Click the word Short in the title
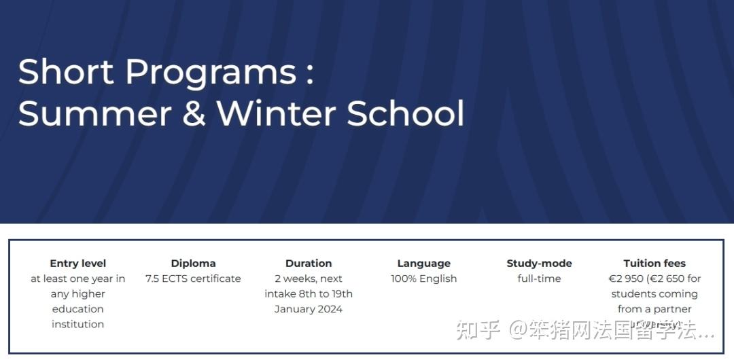tap(65, 72)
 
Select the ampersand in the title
tap(194, 114)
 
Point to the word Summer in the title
tap(94, 114)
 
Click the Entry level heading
tap(78, 264)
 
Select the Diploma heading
tap(193, 264)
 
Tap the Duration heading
tap(309, 264)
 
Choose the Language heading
tap(424, 264)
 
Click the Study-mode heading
tap(539, 264)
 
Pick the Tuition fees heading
tap(654, 264)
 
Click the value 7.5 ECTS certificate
tap(193, 278)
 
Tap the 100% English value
tap(424, 278)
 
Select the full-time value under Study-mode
tap(539, 278)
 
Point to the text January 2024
tap(309, 309)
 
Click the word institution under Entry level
tap(78, 324)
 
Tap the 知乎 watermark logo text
tap(478, 331)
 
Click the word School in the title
tap(406, 114)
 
